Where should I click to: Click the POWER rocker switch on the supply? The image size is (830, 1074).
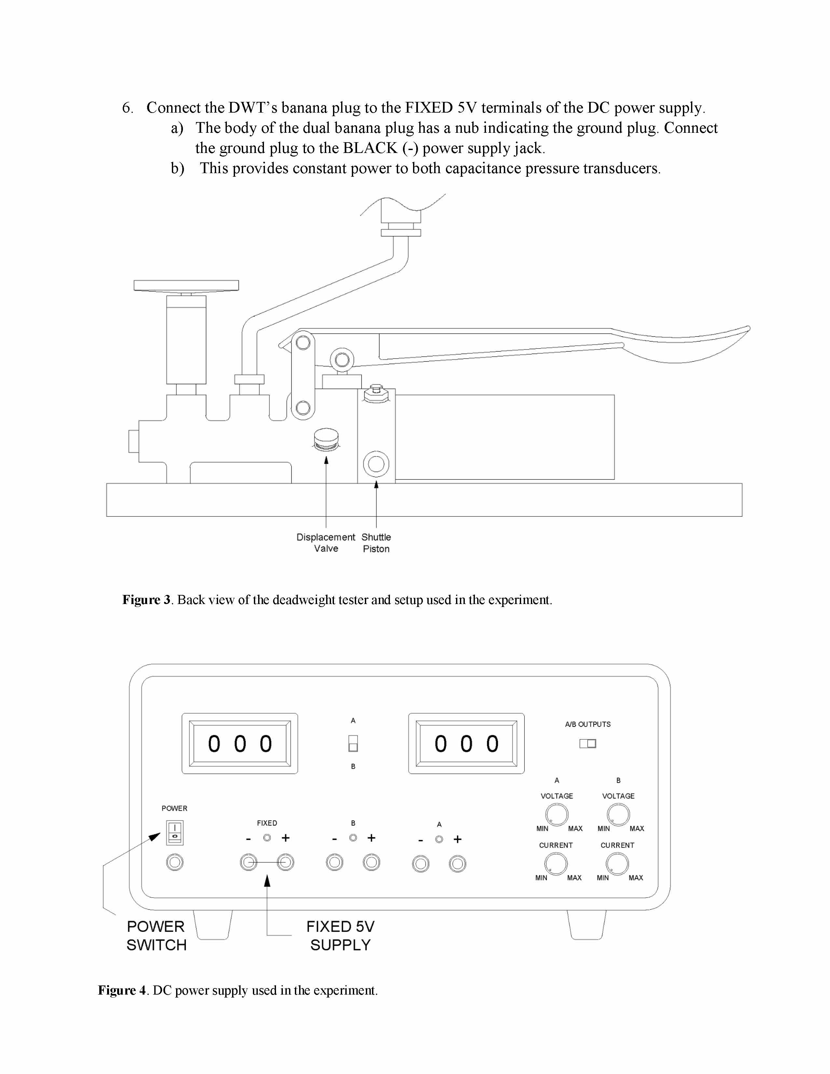click(x=174, y=832)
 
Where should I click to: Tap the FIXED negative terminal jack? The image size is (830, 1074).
click(x=249, y=862)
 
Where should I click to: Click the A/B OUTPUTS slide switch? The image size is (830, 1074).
click(x=588, y=744)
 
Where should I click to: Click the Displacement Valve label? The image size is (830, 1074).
click(x=325, y=543)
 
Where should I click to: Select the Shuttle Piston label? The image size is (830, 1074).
click(x=376, y=543)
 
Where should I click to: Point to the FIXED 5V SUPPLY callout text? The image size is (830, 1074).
click(x=340, y=936)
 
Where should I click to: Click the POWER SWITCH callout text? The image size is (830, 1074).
click(x=156, y=936)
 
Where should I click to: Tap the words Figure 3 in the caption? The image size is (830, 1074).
click(x=146, y=600)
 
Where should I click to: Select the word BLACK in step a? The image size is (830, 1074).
click(x=370, y=148)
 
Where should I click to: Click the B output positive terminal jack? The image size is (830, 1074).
click(x=371, y=862)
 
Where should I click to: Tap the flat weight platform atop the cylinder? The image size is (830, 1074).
click(x=187, y=285)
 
